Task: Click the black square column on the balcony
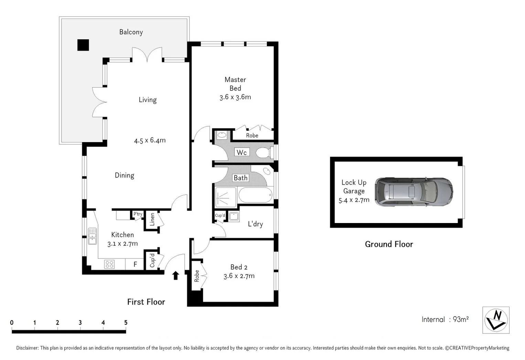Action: [83, 45]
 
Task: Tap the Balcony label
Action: [131, 32]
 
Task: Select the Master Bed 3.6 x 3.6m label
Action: [235, 88]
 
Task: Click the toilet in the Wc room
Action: [264, 152]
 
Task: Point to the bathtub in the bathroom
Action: [255, 195]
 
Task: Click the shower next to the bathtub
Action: [226, 197]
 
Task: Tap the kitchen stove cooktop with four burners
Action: [109, 264]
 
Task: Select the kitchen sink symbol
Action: [92, 236]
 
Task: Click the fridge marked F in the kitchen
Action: [135, 264]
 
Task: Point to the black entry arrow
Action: [175, 275]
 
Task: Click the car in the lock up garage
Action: [414, 192]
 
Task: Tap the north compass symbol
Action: [496, 320]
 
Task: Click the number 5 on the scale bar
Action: [126, 322]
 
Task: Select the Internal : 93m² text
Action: [445, 319]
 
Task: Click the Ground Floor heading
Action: [389, 244]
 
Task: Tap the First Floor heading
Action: [146, 302]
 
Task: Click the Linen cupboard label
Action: [152, 219]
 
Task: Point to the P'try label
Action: [138, 214]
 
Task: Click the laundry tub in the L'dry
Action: [234, 216]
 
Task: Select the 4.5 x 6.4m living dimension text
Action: [150, 140]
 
